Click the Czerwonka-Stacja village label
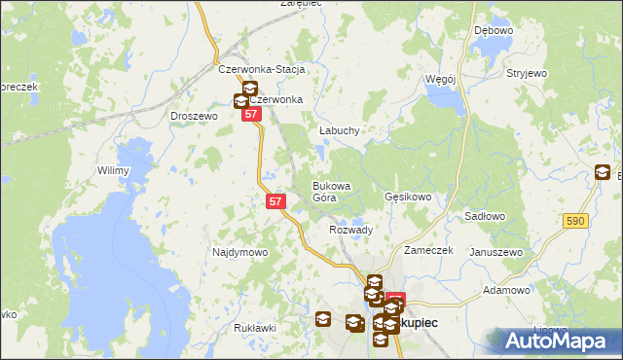point(262,70)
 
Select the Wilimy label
point(113,170)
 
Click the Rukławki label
point(255,328)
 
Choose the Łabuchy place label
point(340,130)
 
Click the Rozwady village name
point(351,230)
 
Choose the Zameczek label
point(429,250)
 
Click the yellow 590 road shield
point(575,222)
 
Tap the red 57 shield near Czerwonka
point(252,114)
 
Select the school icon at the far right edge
point(604,174)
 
